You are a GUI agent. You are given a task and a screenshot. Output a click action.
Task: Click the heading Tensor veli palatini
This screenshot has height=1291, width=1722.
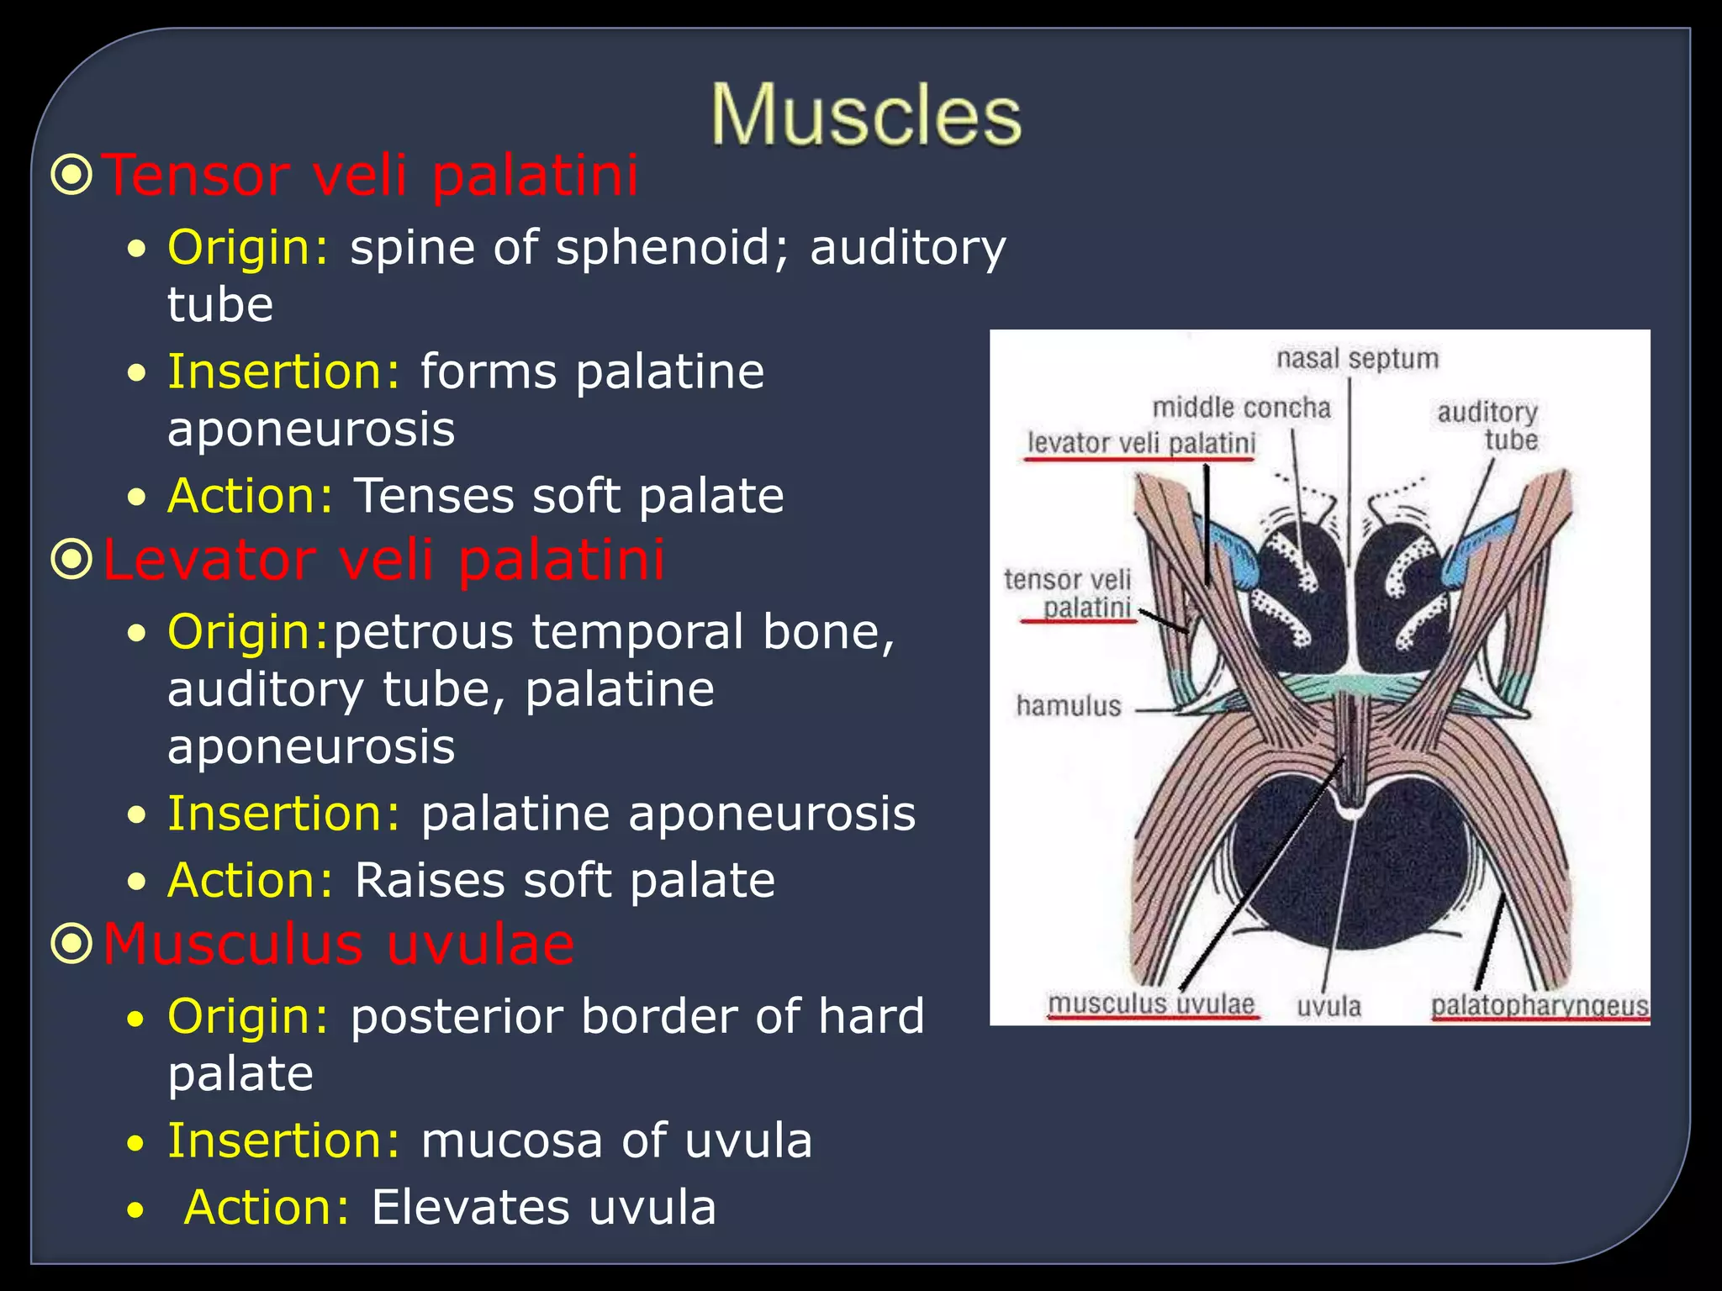pos(370,176)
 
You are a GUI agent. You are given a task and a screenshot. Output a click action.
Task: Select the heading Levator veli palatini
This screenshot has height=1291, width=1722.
pos(383,560)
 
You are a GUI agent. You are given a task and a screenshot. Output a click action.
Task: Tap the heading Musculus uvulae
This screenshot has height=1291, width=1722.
pos(338,944)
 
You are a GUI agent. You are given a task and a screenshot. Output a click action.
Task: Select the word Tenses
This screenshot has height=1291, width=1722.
pos(432,496)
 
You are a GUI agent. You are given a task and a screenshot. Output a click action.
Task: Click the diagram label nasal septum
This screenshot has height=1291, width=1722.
pos(1357,359)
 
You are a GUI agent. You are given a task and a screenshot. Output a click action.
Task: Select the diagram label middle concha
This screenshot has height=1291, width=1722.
pos(1241,408)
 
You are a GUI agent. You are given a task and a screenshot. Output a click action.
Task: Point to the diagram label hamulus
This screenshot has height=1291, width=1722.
pos(1069,705)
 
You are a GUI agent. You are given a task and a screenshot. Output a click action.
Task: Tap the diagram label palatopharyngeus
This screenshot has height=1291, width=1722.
pos(1540,1005)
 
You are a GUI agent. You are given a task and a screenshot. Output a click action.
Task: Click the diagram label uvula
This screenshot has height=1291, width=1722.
pos(1328,1006)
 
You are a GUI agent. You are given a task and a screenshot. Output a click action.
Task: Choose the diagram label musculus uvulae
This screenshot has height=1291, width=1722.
pos(1151,1004)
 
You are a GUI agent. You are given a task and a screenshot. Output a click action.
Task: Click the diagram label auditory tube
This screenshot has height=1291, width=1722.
pos(1488,425)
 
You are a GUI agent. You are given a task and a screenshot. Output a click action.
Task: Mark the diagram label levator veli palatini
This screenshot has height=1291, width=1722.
pos(1141,443)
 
